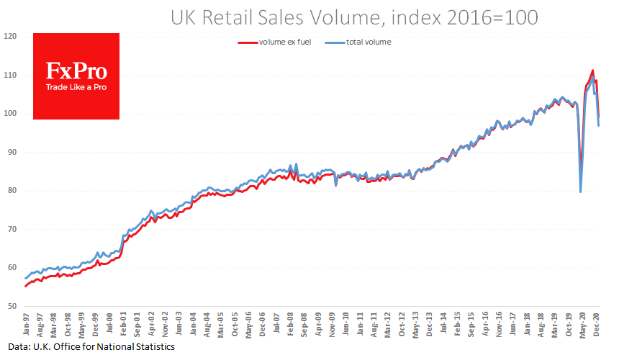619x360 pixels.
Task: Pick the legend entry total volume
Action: coord(360,42)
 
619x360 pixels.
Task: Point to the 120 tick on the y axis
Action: coord(11,36)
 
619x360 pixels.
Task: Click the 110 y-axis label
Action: coord(11,75)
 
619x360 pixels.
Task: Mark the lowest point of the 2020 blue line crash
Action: coord(580,192)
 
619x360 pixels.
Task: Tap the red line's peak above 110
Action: coord(592,71)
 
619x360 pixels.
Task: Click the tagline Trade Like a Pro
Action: coord(77,87)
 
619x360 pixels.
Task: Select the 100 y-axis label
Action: coord(11,114)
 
